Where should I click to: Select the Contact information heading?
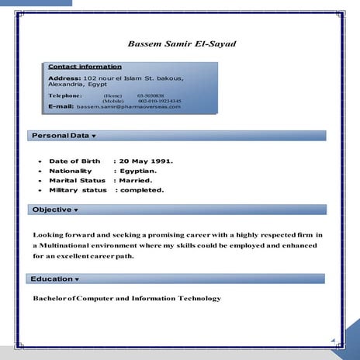[85, 67]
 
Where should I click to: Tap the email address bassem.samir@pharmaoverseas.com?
[128, 106]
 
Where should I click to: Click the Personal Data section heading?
[60, 136]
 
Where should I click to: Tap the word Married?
[137, 180]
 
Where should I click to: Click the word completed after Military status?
[141, 190]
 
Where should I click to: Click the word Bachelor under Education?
[49, 299]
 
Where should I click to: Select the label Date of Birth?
[74, 161]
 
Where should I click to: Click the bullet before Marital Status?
[40, 181]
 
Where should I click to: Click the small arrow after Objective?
[76, 210]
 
